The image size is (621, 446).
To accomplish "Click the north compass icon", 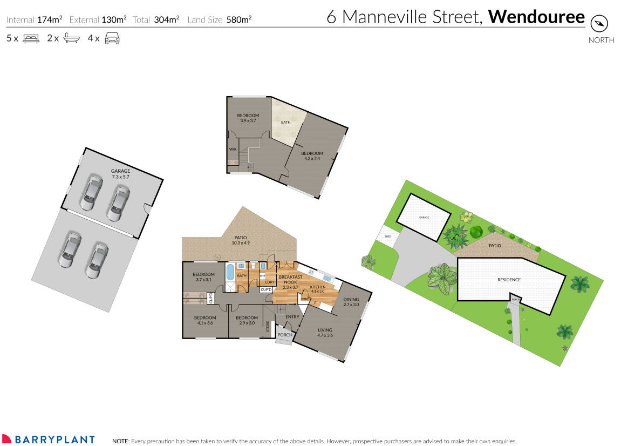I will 599,24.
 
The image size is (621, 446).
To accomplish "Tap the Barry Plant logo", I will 48,440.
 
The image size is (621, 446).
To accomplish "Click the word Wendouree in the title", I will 536,17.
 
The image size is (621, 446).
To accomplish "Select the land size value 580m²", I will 239,20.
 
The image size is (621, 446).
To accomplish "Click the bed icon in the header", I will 31,39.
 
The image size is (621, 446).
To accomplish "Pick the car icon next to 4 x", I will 112,39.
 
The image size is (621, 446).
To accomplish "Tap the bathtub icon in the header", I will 71,39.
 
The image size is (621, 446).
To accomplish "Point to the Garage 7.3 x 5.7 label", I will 121,174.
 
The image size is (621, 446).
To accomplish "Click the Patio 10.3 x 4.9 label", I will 241,240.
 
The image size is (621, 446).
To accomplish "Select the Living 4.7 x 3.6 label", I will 325,333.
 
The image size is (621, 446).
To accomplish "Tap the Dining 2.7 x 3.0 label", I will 351,302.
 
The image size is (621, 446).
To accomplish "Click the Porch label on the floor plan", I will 285,335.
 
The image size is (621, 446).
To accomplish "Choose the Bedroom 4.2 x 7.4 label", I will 312,156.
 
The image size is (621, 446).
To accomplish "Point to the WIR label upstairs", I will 233,149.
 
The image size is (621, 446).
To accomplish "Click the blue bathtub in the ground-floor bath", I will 230,272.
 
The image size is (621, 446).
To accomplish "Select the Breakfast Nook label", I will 290,282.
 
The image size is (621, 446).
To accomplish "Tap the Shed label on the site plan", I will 387,236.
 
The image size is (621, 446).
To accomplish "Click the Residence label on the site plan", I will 509,280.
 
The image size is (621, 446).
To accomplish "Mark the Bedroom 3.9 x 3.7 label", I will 248,118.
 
